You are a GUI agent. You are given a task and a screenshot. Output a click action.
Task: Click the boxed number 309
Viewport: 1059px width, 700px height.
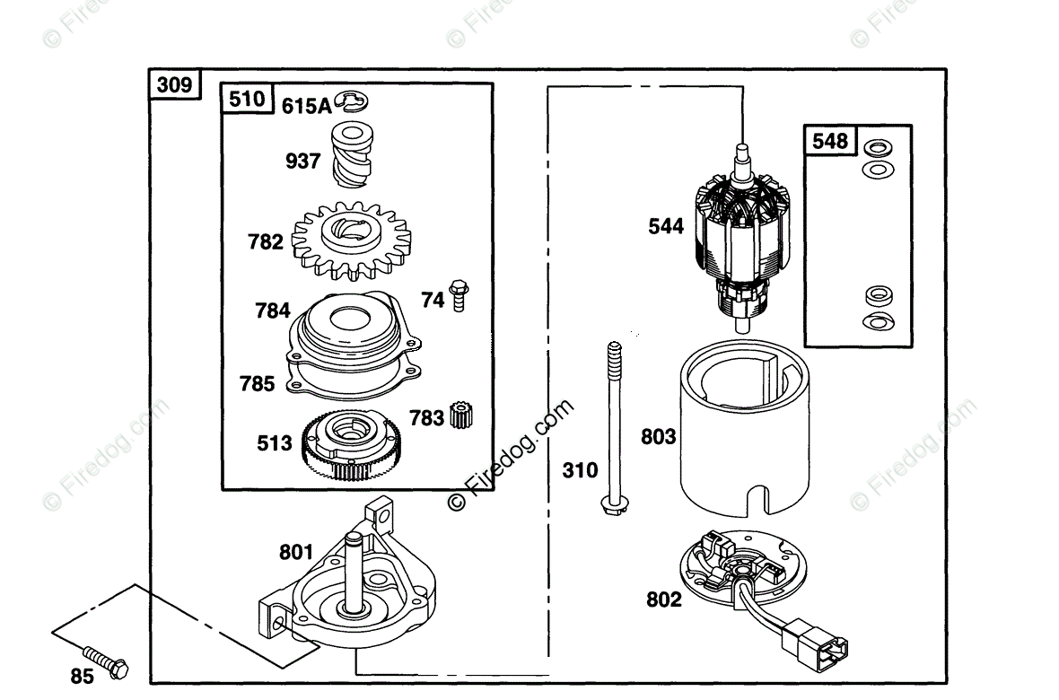[x=174, y=84]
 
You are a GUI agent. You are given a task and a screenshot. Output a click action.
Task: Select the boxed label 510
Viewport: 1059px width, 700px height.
[x=247, y=99]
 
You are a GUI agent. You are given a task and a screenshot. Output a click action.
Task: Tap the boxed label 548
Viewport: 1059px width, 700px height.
[x=830, y=141]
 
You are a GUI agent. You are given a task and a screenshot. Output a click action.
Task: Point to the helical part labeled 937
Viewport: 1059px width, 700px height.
[x=352, y=154]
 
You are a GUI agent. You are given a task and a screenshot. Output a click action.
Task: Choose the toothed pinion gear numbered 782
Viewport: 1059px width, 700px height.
[x=351, y=241]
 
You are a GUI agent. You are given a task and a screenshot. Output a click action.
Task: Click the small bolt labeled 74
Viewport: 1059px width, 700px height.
[x=459, y=295]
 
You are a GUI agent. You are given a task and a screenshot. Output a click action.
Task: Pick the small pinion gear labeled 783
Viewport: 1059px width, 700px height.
[x=461, y=416]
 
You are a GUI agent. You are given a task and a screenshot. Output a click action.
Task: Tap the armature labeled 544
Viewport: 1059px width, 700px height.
[x=742, y=240]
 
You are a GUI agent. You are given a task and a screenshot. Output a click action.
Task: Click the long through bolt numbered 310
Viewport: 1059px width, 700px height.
[x=614, y=429]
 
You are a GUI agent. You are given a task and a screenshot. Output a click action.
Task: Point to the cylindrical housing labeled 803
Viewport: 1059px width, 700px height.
[x=744, y=431]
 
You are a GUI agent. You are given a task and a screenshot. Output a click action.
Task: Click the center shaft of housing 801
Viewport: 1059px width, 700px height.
[x=354, y=571]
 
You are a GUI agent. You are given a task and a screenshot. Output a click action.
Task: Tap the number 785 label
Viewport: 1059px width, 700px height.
[x=258, y=384]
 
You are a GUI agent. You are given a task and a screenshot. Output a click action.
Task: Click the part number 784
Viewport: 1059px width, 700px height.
[x=273, y=311]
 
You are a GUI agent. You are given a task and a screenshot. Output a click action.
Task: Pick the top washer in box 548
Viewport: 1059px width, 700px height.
[x=878, y=147]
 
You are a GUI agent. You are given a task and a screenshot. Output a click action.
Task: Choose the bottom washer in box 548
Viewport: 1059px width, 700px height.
[x=879, y=321]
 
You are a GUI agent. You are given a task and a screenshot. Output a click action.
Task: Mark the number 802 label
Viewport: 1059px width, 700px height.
[x=664, y=599]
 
